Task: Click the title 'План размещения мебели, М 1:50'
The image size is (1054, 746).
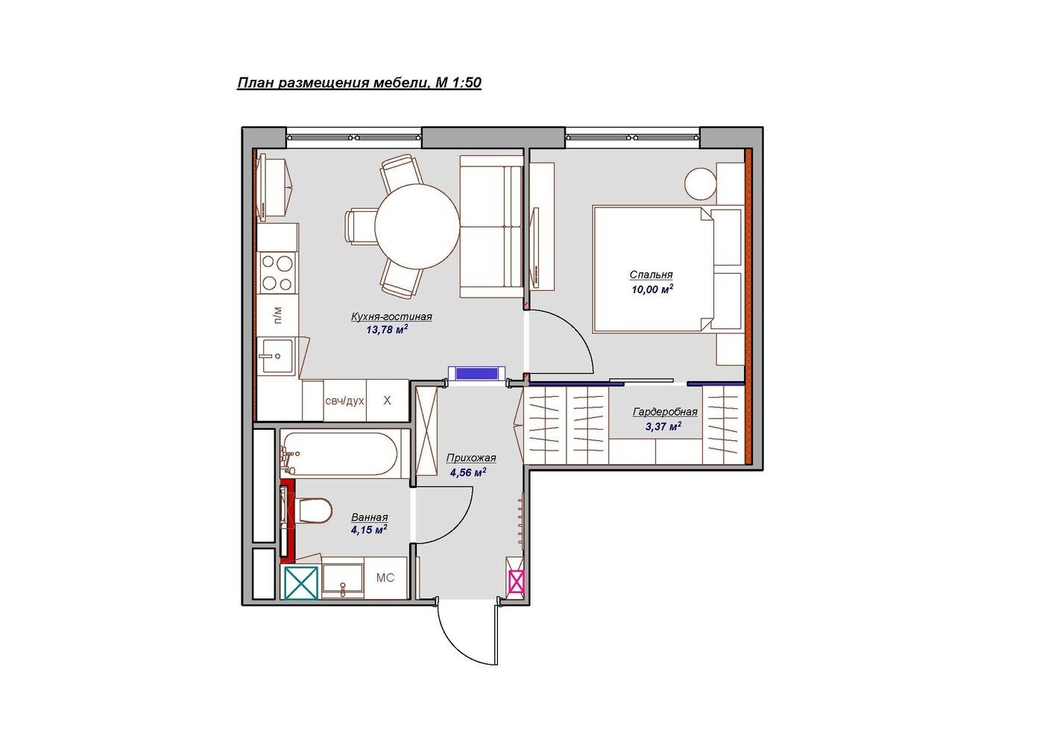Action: click(x=359, y=83)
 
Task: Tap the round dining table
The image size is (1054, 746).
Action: click(x=417, y=225)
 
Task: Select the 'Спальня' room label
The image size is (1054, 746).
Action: click(x=651, y=275)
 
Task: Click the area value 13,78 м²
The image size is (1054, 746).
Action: click(x=387, y=329)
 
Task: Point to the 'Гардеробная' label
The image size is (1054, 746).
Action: click(x=665, y=412)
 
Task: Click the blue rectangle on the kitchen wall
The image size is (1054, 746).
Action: click(x=477, y=374)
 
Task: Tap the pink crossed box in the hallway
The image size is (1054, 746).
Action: click(x=516, y=581)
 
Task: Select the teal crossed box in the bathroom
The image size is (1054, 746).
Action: click(x=301, y=583)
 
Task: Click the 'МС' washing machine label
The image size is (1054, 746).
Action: click(x=385, y=577)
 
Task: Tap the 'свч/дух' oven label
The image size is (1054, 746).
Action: click(x=344, y=401)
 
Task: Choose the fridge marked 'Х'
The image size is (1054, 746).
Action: click(x=388, y=401)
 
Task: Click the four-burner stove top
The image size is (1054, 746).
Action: click(x=277, y=272)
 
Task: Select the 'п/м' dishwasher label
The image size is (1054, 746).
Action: click(x=277, y=315)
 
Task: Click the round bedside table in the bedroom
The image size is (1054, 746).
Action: click(x=701, y=184)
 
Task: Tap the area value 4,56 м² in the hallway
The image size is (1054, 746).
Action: click(x=467, y=472)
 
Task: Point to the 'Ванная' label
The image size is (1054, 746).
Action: click(x=370, y=518)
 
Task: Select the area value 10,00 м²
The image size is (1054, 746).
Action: click(x=652, y=289)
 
